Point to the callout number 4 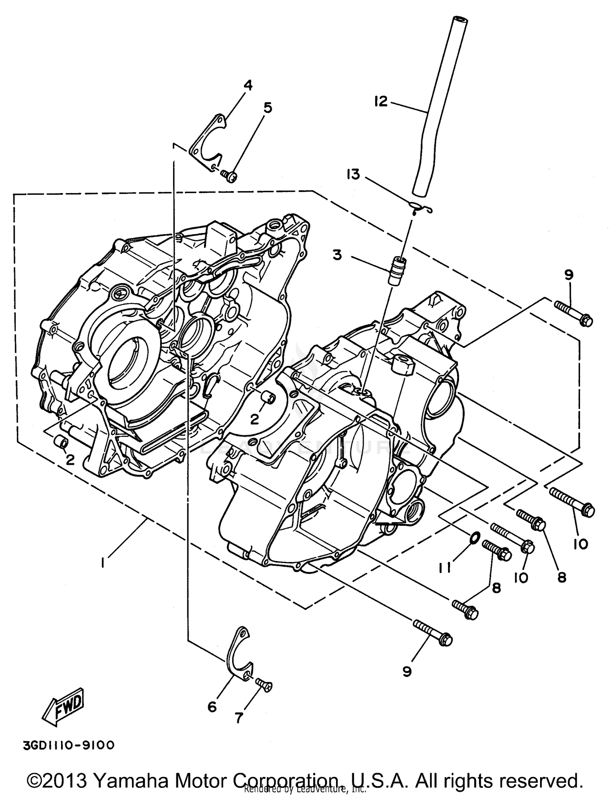click(248, 85)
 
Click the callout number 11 click(445, 567)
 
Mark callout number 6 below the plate click(212, 707)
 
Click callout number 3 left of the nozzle click(337, 255)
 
